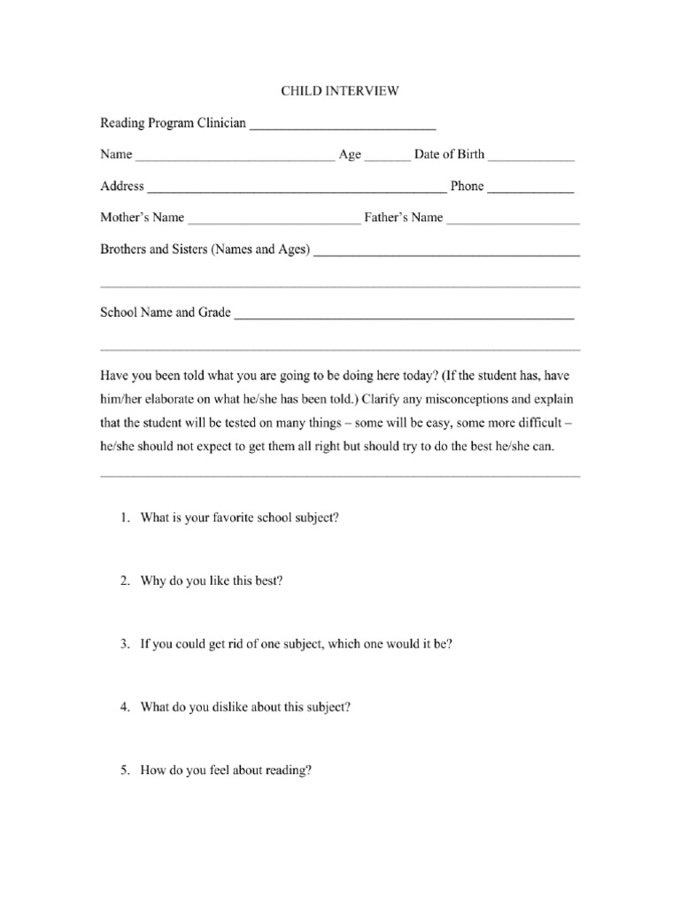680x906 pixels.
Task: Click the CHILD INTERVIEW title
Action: (x=340, y=90)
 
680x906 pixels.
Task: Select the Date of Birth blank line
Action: (x=530, y=158)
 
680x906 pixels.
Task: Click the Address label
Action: (x=122, y=186)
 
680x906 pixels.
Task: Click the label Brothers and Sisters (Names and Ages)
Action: (x=205, y=250)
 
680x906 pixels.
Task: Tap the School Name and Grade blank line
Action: (x=404, y=316)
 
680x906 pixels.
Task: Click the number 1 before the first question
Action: (x=125, y=518)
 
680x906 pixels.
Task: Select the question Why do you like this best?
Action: (x=212, y=581)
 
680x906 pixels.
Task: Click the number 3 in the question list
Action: (x=125, y=644)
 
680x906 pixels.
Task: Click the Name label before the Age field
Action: (x=116, y=154)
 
